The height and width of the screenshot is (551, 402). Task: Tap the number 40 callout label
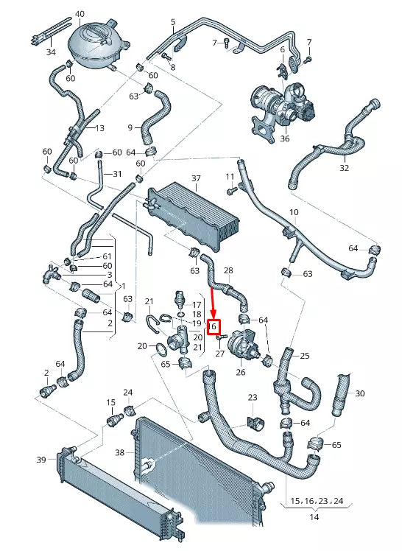pos(80,14)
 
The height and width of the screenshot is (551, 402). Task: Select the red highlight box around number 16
pos(214,326)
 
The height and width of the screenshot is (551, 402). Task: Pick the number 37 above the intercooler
pos(196,179)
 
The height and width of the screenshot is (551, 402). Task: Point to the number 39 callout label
pos(41,460)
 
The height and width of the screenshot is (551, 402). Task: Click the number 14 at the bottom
pos(315,518)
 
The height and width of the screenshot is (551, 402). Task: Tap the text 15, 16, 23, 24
pos(316,501)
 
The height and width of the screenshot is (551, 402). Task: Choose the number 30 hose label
pos(359,393)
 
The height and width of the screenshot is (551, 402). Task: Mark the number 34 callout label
pos(50,52)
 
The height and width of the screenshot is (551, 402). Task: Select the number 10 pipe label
pos(294,212)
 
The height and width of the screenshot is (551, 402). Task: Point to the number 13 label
pos(99,127)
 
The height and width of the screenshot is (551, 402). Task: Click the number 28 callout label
pos(228,271)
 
